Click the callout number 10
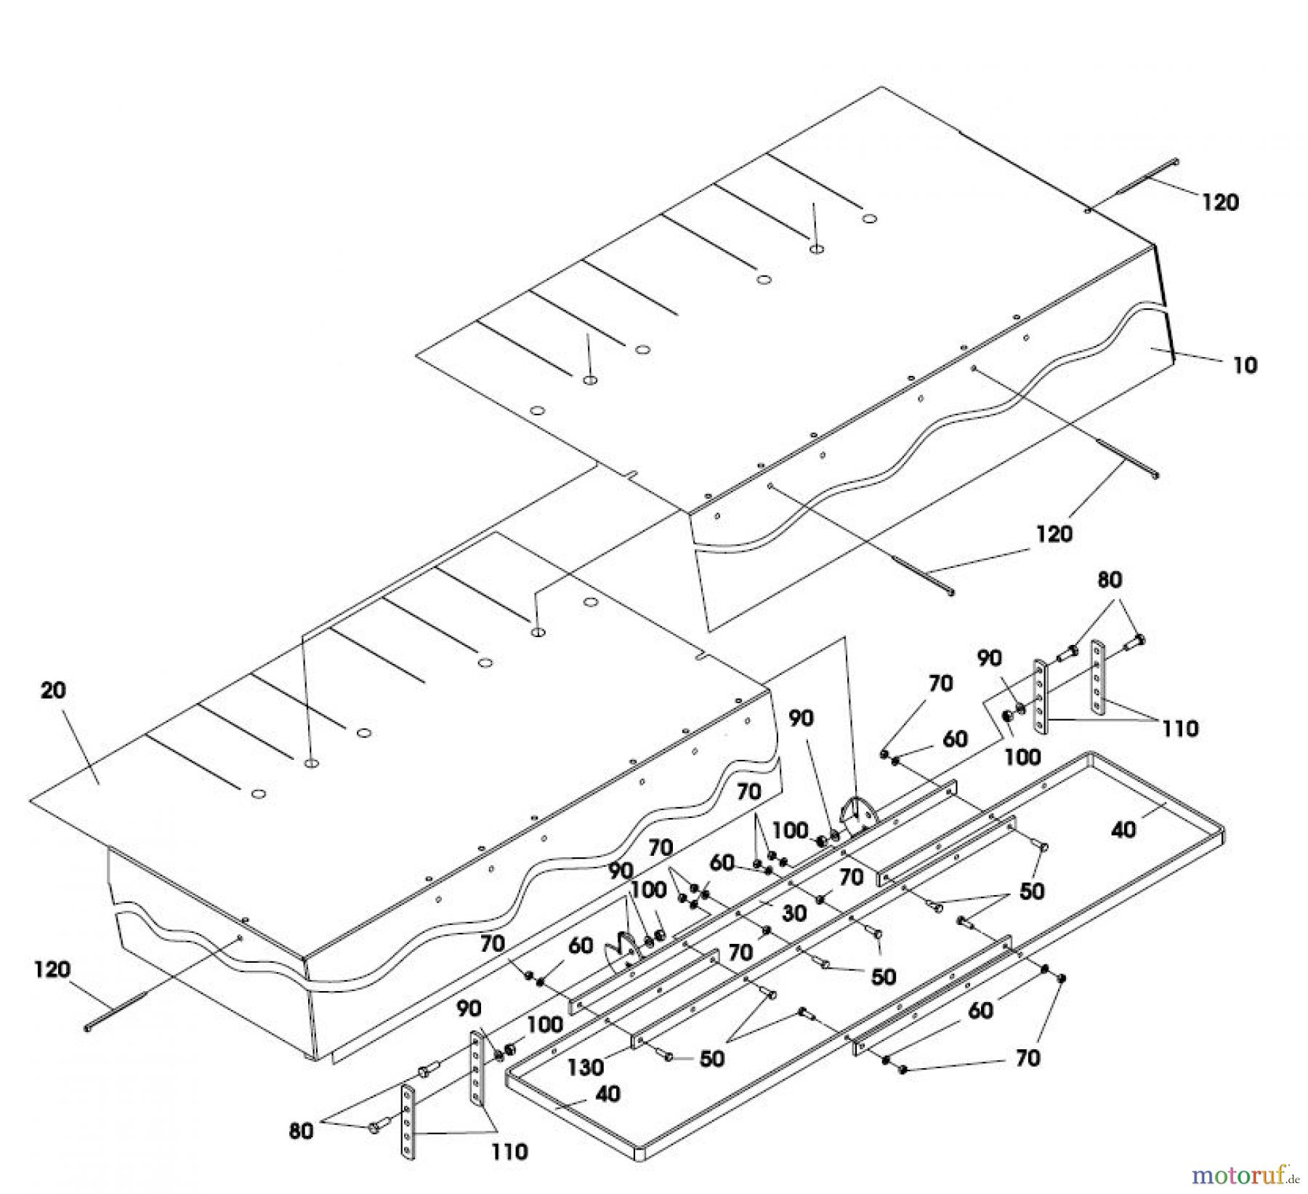point(1246,364)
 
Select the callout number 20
point(53,690)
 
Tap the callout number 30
point(795,913)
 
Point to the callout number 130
point(586,1067)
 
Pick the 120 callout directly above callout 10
point(1219,202)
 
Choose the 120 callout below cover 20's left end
point(53,969)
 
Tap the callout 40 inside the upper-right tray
point(1123,829)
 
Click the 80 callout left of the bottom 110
point(301,1131)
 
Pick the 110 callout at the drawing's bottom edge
point(509,1152)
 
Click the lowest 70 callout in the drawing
point(1028,1057)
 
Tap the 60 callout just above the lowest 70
point(981,1010)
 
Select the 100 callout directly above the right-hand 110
point(1022,757)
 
